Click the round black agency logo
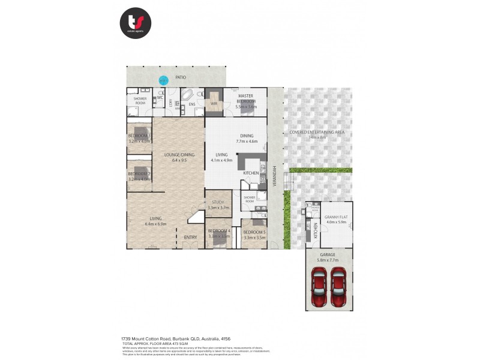click(x=135, y=23)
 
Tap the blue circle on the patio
click(x=163, y=78)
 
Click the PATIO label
click(x=181, y=77)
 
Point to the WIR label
click(x=214, y=103)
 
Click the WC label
click(x=160, y=97)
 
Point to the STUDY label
click(x=218, y=205)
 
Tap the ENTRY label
click(x=190, y=238)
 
